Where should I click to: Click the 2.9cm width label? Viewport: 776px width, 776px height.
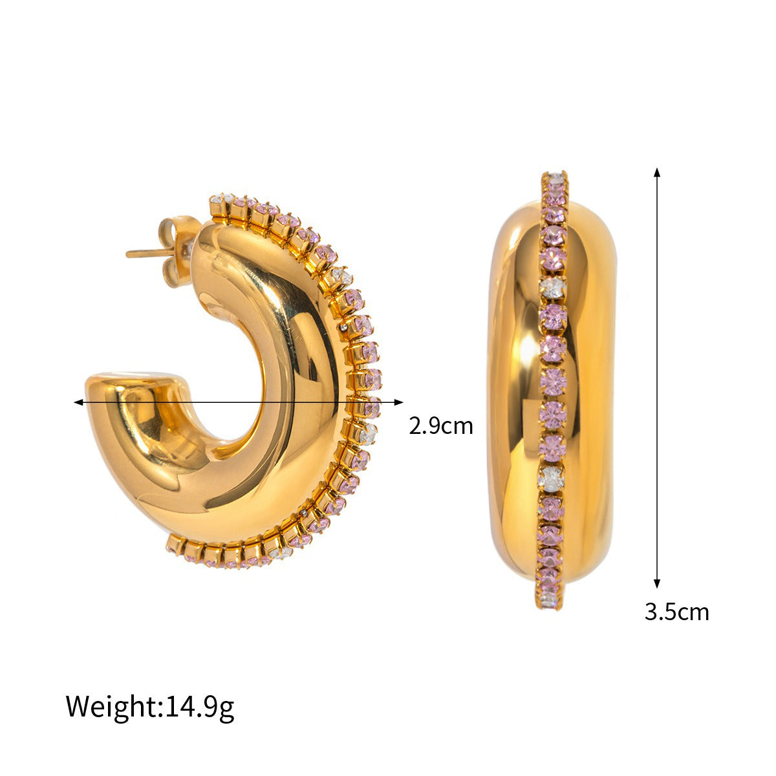click(441, 426)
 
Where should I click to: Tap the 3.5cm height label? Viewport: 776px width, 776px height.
click(676, 611)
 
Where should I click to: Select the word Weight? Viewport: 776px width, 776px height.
click(111, 706)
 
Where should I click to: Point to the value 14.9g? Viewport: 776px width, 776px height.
click(200, 706)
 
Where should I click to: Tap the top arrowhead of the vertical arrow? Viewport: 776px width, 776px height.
click(657, 172)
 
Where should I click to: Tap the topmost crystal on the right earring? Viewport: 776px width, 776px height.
click(555, 177)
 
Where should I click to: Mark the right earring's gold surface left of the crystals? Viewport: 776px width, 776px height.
click(514, 388)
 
